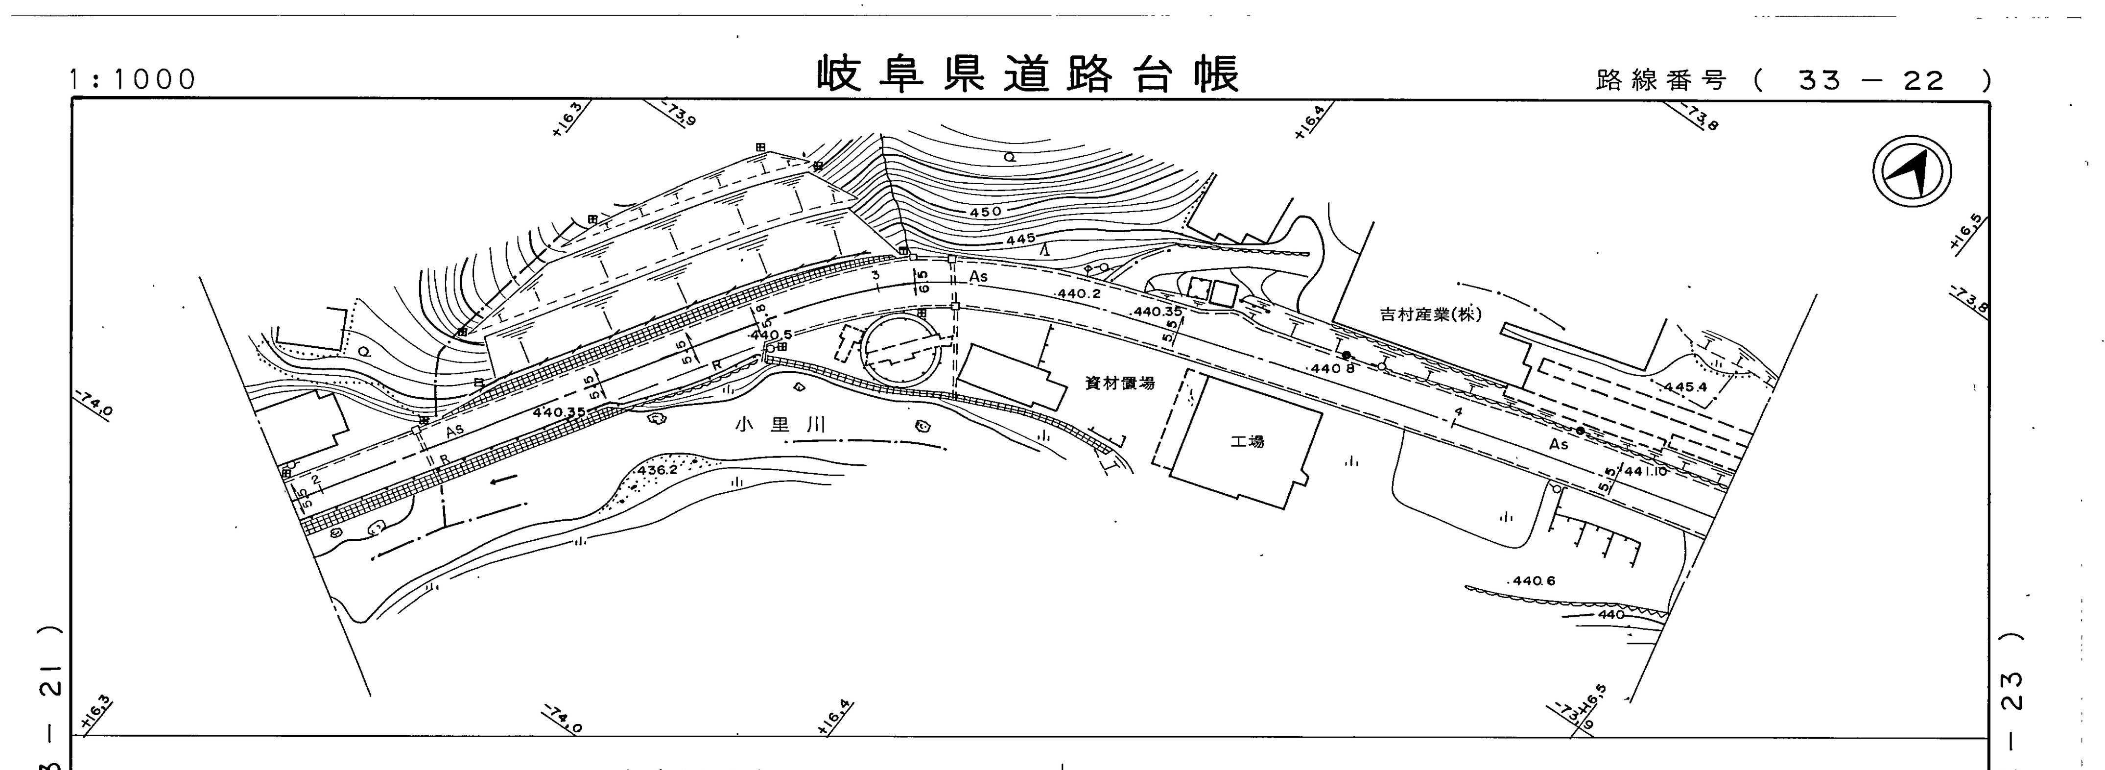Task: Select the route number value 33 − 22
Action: point(1871,81)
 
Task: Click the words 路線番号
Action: point(1661,81)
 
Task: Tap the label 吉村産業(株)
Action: point(1430,314)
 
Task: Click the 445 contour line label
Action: point(1020,240)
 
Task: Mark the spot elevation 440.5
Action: point(771,335)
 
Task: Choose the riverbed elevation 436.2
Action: point(658,471)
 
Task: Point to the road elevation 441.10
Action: point(1644,472)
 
